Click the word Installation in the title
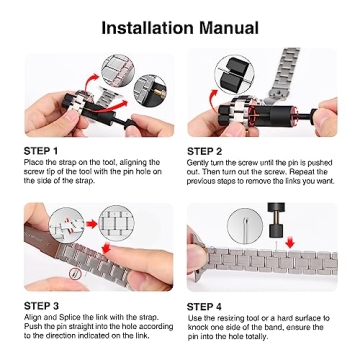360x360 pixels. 147,27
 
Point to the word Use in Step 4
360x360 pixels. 194,317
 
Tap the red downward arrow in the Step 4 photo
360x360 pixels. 290,241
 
